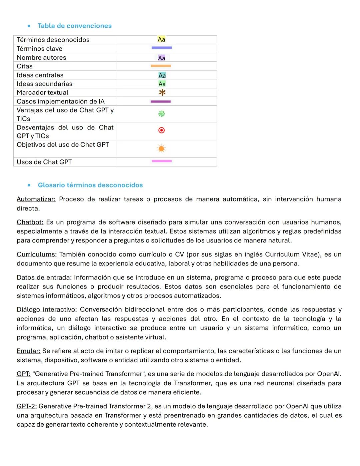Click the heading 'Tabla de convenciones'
[75, 26]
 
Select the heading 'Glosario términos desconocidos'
[90, 185]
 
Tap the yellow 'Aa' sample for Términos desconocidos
[161, 39]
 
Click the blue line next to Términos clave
[162, 48]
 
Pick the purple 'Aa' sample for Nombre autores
[162, 58]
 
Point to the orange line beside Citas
[161, 66]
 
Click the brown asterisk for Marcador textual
[162, 92]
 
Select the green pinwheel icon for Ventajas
[161, 114]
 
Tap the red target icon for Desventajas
[161, 130]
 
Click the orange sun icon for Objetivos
[161, 148]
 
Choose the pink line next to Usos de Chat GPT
[162, 161]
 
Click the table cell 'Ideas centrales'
[40, 75]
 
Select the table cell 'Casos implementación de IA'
[61, 101]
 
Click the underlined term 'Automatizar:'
[36, 199]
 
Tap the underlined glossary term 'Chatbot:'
[30, 222]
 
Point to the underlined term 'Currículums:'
[37, 254]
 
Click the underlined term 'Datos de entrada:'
[44, 278]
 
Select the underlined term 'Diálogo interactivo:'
[47, 310]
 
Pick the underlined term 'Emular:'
[28, 351]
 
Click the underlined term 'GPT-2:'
[27, 406]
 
